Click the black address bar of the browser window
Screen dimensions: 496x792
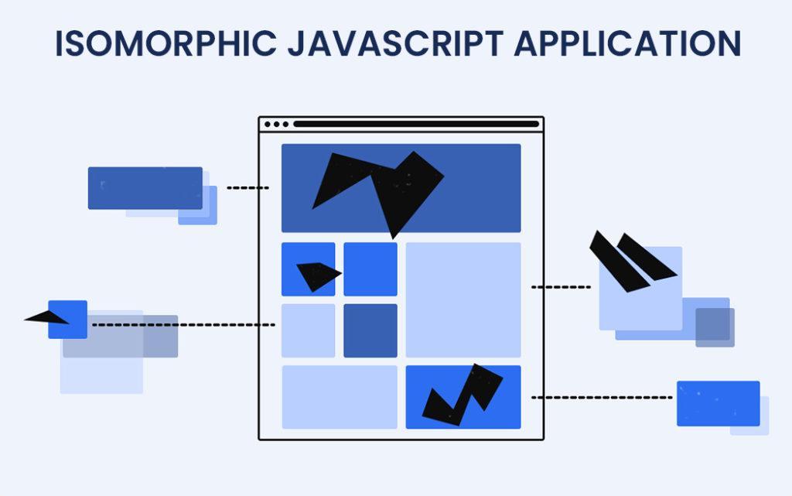[x=415, y=124]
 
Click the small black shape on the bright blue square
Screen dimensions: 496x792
[x=318, y=275]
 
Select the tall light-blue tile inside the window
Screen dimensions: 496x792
[x=463, y=299]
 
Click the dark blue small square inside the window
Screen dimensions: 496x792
[x=370, y=330]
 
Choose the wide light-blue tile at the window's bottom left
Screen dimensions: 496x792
[x=339, y=397]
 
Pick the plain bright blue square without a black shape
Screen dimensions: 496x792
[x=370, y=269]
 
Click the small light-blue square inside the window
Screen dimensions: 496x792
[x=308, y=330]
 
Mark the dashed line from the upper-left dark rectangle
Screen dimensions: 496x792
[x=247, y=187]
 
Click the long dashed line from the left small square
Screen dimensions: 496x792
[x=183, y=325]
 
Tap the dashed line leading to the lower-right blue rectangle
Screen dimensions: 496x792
[x=602, y=398]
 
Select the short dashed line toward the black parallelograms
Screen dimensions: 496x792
[x=561, y=287]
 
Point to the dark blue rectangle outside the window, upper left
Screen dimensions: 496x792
[x=145, y=187]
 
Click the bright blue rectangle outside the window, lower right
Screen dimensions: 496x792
[x=718, y=403]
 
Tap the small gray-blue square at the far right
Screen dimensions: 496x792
[x=715, y=327]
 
